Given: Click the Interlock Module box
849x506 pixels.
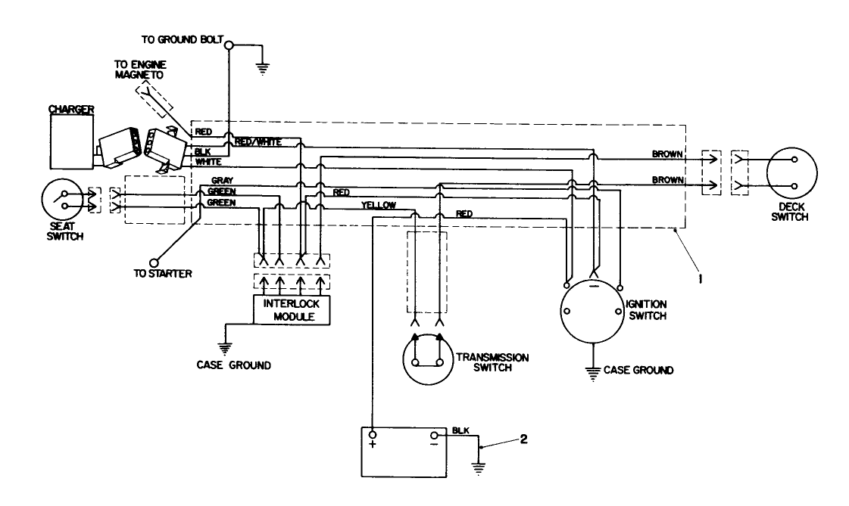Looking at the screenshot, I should (292, 309).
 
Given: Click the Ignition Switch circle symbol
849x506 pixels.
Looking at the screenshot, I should (594, 313).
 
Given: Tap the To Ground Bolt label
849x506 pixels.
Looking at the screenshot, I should (181, 39).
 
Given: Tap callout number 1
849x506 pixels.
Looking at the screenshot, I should (701, 279).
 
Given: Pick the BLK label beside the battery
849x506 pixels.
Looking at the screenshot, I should (460, 430).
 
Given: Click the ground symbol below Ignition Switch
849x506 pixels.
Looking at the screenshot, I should (594, 370).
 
